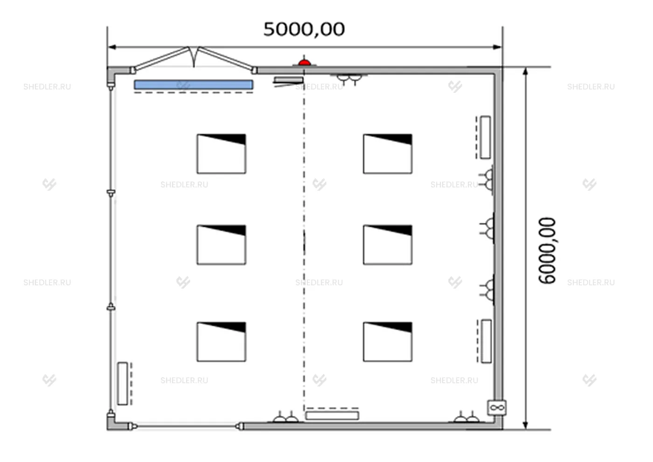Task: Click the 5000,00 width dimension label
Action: tap(304, 29)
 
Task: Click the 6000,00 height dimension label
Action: tap(547, 250)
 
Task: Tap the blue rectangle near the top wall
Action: tap(194, 84)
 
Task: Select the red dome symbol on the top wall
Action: tap(305, 62)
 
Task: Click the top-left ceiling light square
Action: tap(221, 154)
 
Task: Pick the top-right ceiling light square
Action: tap(388, 154)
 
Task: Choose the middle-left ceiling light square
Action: tap(221, 245)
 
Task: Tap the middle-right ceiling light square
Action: tap(388, 245)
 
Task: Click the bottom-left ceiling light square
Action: tap(221, 342)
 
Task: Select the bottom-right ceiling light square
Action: tap(388, 342)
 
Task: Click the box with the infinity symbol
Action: tap(497, 407)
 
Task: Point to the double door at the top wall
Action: tap(194, 58)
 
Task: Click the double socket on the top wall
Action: tap(349, 79)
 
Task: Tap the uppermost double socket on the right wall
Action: tap(487, 180)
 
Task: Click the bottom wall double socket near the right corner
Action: tap(467, 417)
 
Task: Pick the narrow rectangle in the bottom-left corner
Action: tap(123, 383)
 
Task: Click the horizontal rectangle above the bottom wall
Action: tap(332, 416)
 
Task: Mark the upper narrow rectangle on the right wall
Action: tap(486, 138)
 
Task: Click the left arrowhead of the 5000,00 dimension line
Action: tap(112, 47)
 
